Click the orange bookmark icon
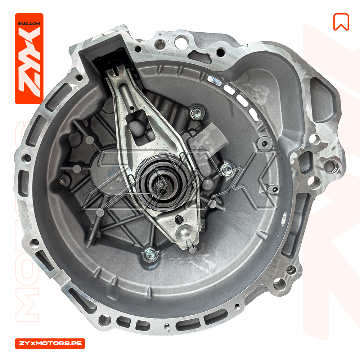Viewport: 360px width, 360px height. (341, 22)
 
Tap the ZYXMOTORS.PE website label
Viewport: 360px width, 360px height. (50, 343)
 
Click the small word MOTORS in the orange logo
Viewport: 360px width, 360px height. (29, 24)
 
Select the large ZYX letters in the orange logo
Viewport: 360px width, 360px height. (30, 62)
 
